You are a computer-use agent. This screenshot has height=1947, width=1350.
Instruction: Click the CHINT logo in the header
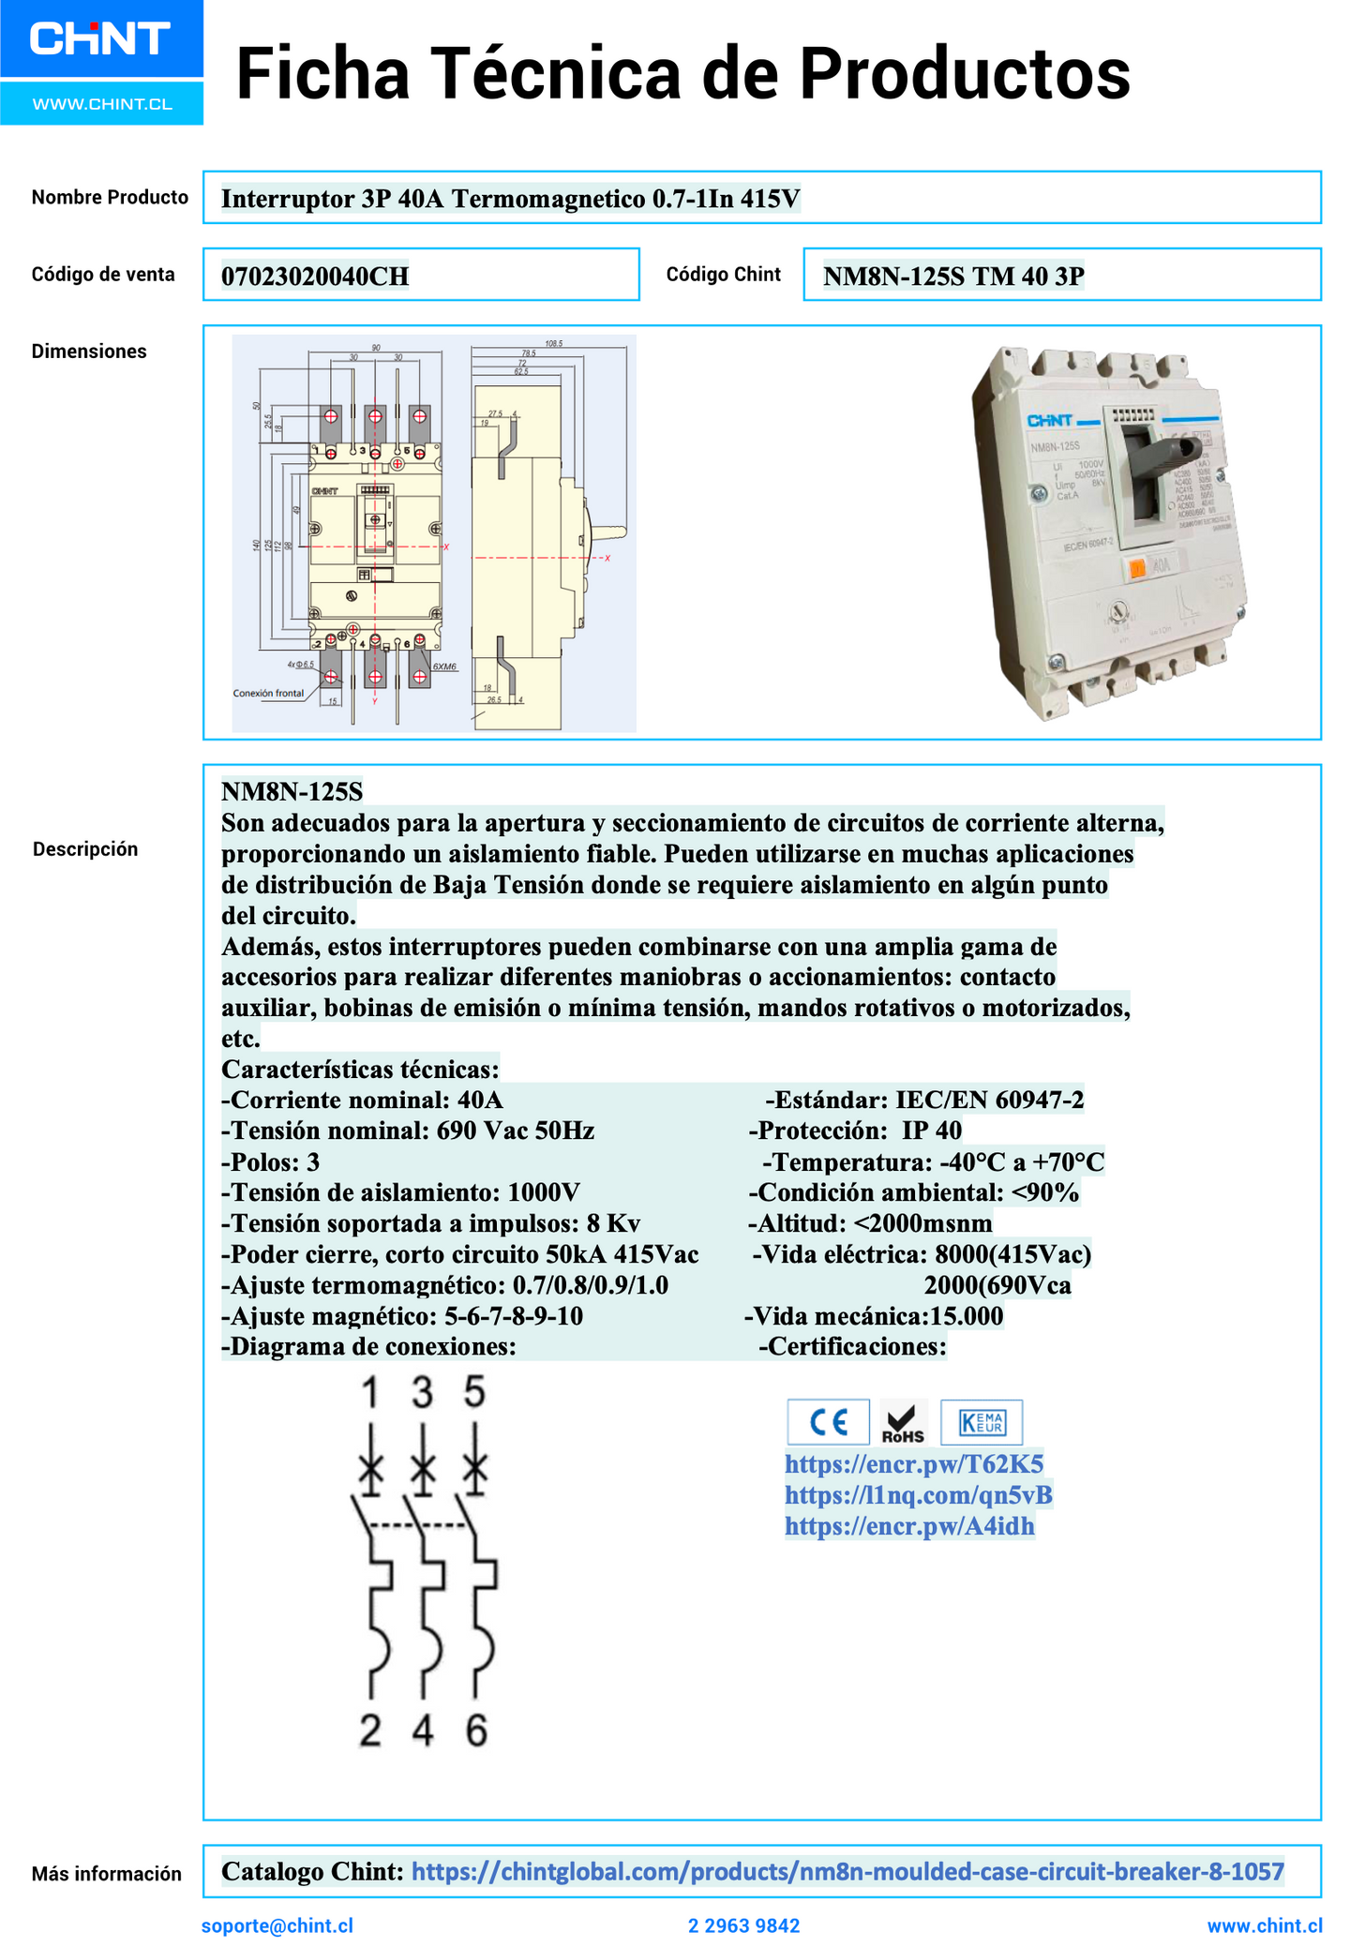pyautogui.click(x=100, y=39)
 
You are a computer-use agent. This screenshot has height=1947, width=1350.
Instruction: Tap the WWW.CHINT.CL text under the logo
pyautogui.click(x=102, y=104)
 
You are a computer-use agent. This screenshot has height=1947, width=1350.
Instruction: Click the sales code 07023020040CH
pyautogui.click(x=315, y=277)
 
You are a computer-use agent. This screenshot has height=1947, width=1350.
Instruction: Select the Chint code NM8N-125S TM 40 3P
pyautogui.click(x=953, y=277)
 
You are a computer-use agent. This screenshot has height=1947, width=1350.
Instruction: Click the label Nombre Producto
pyautogui.click(x=110, y=198)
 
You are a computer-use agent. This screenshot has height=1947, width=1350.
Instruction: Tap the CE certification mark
pyautogui.click(x=828, y=1422)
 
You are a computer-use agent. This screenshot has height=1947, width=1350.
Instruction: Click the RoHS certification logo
pyautogui.click(x=903, y=1423)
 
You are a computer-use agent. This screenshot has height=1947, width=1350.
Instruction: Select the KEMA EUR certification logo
pyautogui.click(x=981, y=1422)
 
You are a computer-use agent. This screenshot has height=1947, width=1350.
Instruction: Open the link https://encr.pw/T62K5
pyautogui.click(x=913, y=1464)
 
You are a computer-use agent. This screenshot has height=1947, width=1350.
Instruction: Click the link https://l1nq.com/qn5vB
pyautogui.click(x=918, y=1495)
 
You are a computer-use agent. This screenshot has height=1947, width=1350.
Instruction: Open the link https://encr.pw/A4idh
pyautogui.click(x=909, y=1526)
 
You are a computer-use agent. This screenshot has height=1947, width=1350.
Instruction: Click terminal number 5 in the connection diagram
pyautogui.click(x=475, y=1392)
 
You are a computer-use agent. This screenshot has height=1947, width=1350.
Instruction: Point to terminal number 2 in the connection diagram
pyautogui.click(x=370, y=1731)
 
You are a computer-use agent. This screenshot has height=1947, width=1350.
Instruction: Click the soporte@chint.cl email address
pyautogui.click(x=277, y=1925)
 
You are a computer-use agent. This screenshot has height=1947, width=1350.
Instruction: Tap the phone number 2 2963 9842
pyautogui.click(x=743, y=1926)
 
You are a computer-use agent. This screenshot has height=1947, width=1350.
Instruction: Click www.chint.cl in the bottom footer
pyautogui.click(x=1264, y=1925)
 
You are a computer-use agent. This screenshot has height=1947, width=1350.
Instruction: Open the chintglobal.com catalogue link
pyautogui.click(x=847, y=1872)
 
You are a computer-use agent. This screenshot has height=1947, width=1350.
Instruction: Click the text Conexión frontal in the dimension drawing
pyautogui.click(x=268, y=694)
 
